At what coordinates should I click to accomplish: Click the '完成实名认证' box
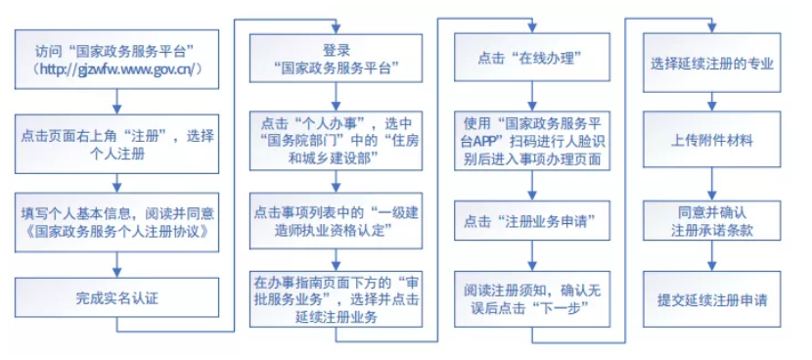pyautogui.click(x=116, y=294)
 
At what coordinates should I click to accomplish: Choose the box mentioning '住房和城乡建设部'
pyautogui.click(x=336, y=141)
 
